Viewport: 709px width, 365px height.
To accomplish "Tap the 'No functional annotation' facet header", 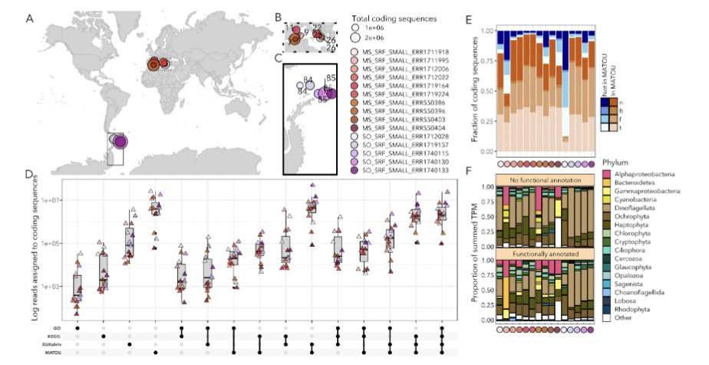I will (x=545, y=179).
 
